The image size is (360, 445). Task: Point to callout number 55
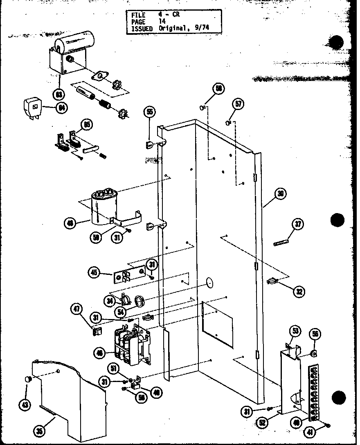150,111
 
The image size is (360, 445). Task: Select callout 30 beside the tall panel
280,194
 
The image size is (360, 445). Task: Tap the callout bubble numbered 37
297,225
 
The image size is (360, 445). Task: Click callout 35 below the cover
40,430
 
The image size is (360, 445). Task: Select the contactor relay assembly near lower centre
132,344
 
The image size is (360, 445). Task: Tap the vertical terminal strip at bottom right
314,393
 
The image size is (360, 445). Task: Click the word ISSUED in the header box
141,29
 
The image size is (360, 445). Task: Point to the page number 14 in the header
162,22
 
